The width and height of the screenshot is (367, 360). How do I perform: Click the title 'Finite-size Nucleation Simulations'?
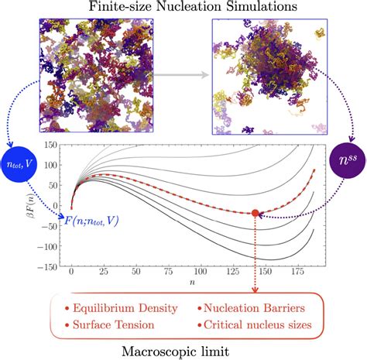coord(183,8)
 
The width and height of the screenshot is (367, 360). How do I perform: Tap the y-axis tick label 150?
coord(52,145)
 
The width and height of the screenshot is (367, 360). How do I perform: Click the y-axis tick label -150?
coord(50,268)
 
